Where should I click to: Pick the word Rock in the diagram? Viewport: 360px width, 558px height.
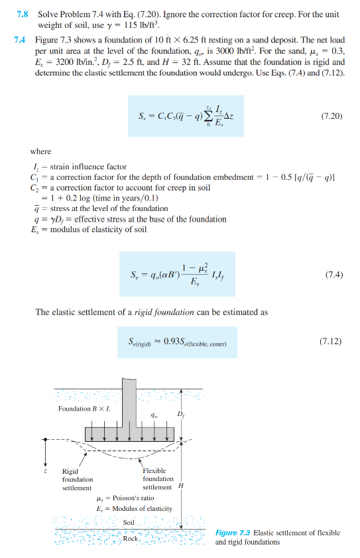tap(131, 538)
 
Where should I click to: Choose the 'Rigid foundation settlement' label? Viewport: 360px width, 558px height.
tap(78, 479)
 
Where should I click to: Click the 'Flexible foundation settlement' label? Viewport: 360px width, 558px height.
tap(158, 478)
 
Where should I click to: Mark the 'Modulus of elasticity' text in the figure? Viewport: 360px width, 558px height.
tap(139, 509)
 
